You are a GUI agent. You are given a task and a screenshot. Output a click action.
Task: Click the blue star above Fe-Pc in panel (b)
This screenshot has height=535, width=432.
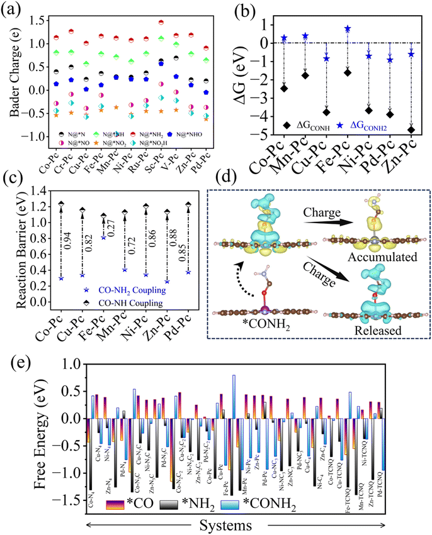point(347,29)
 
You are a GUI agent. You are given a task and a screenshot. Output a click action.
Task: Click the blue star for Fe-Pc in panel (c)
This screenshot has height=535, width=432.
point(104,237)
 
